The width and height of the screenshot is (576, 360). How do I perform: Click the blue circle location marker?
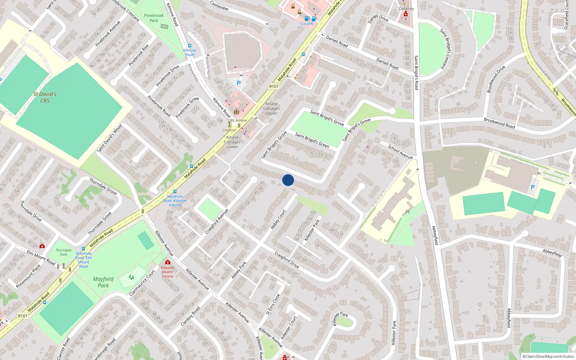[288, 180]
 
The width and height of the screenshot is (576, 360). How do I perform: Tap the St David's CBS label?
[45, 97]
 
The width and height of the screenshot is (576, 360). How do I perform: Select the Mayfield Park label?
[103, 282]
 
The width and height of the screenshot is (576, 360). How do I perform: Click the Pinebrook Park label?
[154, 18]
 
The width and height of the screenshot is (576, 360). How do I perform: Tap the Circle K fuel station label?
[307, 24]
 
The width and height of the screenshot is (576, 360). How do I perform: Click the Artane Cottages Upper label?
[271, 108]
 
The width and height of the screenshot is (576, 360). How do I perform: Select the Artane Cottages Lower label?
[232, 142]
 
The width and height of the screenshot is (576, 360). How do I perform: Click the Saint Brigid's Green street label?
[312, 140]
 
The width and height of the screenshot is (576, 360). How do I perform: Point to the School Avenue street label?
[400, 152]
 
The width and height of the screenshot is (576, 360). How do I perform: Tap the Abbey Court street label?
[278, 219]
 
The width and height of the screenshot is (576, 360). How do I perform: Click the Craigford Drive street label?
[287, 260]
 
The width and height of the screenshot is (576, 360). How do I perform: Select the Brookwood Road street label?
[499, 123]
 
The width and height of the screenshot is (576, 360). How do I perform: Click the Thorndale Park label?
[64, 252]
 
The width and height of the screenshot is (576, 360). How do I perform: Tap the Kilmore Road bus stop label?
[190, 53]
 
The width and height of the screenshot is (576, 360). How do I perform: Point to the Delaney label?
[406, 9]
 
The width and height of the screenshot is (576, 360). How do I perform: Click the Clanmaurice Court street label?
[142, 283]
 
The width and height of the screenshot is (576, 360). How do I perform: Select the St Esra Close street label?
[273, 305]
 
